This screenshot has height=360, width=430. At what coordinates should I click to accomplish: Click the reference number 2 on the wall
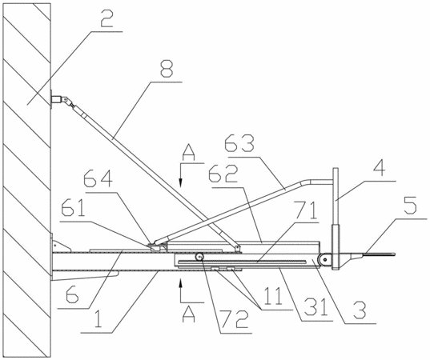coord(106,18)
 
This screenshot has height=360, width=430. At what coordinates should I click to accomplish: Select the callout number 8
coord(167,69)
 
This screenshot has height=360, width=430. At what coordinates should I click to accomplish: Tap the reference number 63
coord(239,145)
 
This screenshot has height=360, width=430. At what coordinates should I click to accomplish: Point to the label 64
coord(98,179)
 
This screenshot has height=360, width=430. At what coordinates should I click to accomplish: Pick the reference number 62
coord(223,174)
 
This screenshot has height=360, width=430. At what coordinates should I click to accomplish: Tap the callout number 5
coord(410,206)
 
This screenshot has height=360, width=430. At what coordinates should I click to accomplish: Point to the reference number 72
coord(234,320)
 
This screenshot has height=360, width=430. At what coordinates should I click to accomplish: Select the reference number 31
coord(316,307)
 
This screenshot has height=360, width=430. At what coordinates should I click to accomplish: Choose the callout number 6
coord(72,294)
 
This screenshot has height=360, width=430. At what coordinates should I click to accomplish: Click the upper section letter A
coord(189,153)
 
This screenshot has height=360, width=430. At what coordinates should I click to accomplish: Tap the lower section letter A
coord(189,314)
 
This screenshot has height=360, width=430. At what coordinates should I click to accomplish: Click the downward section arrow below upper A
coord(180,175)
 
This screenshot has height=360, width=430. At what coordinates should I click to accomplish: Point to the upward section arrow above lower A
coord(180,290)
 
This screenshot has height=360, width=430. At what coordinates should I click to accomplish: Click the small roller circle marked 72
coord(199,257)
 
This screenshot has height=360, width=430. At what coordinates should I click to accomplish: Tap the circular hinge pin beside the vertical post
coord(324,259)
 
